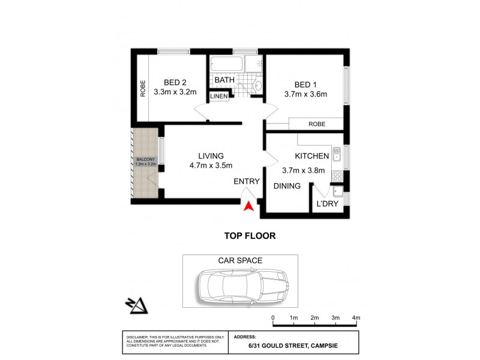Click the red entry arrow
247,206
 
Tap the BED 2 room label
176,83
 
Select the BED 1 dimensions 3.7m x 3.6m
306,94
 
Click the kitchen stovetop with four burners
337,176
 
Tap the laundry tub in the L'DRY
338,192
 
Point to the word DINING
287,186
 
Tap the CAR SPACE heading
240,260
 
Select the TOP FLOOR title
250,236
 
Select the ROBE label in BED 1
317,124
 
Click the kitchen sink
337,157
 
